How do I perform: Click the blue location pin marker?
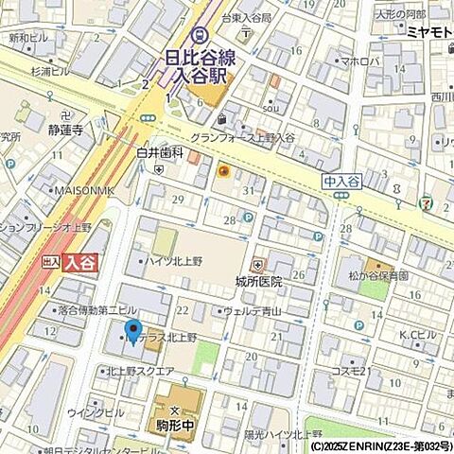pos(132,332)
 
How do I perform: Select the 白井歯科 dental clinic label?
pos(159,151)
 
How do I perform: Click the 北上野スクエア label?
pos(139,371)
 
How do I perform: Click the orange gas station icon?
pos(223,171)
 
